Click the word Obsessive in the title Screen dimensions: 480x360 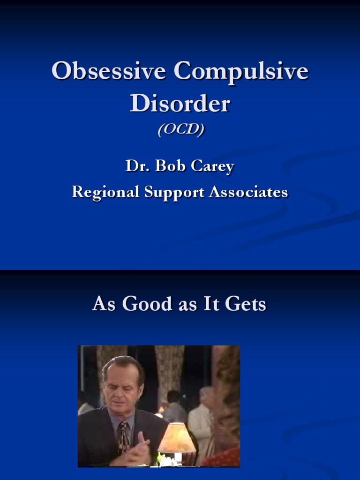109,72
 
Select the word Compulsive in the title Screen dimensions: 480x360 241,72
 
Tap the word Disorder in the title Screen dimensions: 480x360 180,103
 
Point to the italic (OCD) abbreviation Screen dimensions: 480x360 180,129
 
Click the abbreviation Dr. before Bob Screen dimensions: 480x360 135,166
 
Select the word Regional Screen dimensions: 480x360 105,192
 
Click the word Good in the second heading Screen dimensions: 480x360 146,304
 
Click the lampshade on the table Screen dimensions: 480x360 177,437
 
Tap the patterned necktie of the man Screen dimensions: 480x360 124,436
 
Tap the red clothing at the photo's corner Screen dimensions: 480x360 225,457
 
